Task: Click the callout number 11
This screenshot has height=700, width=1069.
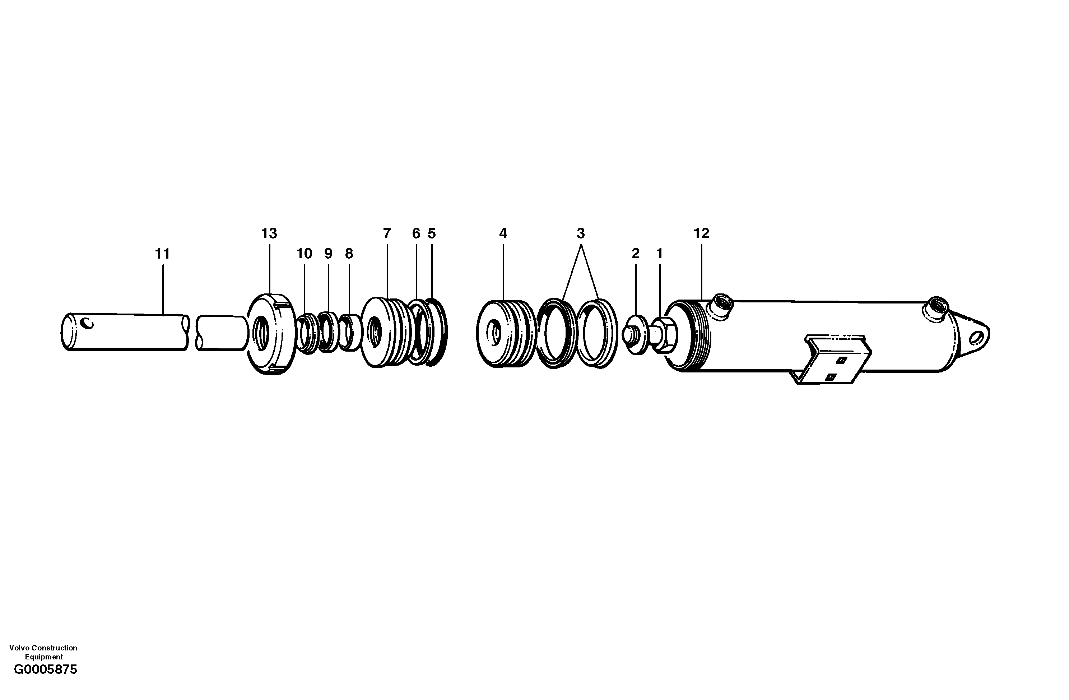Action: pyautogui.click(x=162, y=254)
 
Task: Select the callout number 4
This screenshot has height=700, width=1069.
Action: pyautogui.click(x=503, y=234)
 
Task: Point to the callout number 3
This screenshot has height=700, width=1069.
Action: pyautogui.click(x=581, y=234)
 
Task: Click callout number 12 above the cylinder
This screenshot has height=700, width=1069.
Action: pyautogui.click(x=701, y=234)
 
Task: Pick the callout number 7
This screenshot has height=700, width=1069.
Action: pyautogui.click(x=387, y=234)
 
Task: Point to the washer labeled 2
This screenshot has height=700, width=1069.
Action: pyautogui.click(x=635, y=335)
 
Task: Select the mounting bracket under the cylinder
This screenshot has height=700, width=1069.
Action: pyautogui.click(x=831, y=360)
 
